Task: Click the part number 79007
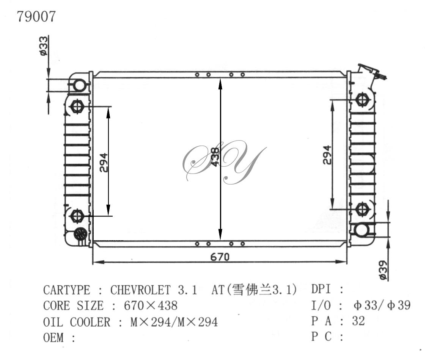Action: [36, 16]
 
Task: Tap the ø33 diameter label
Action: [44, 46]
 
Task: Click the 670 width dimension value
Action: [220, 257]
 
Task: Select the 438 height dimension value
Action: [215, 157]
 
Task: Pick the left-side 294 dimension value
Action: [104, 163]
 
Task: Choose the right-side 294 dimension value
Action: [327, 155]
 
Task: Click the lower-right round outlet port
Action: [362, 230]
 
